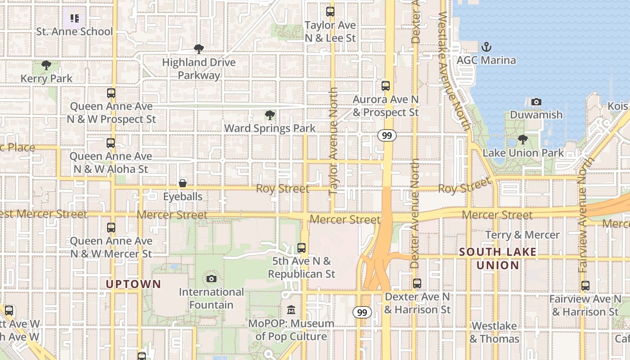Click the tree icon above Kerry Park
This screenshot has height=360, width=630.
pyautogui.click(x=46, y=65)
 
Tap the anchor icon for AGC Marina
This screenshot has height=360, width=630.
pyautogui.click(x=486, y=46)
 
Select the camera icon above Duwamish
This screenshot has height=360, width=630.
pyautogui.click(x=536, y=102)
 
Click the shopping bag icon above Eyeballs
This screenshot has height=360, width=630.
pyautogui.click(x=183, y=183)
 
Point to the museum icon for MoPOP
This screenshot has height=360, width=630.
pyautogui.click(x=291, y=310)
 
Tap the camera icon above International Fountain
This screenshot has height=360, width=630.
pyautogui.click(x=211, y=279)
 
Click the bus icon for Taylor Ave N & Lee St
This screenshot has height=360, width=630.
pyautogui.click(x=330, y=12)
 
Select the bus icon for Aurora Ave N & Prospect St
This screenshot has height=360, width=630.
pyautogui.click(x=385, y=86)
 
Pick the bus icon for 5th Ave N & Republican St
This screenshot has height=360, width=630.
pyautogui.click(x=301, y=247)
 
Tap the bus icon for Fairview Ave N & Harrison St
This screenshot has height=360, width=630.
pyautogui.click(x=585, y=285)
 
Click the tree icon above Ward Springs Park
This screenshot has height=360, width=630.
pyautogui.click(x=270, y=115)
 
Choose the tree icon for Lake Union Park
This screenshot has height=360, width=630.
pyautogui.click(x=522, y=139)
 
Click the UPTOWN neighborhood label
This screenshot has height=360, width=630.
pyautogui.click(x=133, y=284)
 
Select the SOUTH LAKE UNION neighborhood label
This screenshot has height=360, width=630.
pyautogui.click(x=498, y=258)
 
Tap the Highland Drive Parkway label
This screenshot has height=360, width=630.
pyautogui.click(x=199, y=68)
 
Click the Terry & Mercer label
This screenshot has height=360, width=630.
pyautogui.click(x=522, y=235)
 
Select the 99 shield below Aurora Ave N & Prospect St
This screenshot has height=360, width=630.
pyautogui.click(x=387, y=135)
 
